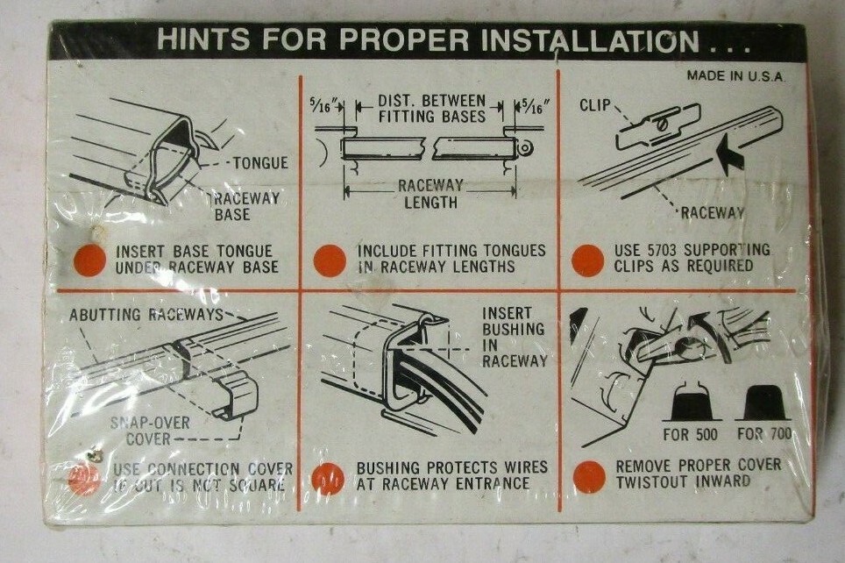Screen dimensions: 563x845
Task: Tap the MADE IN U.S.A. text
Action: [735, 76]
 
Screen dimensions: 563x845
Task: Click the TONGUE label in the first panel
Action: [260, 162]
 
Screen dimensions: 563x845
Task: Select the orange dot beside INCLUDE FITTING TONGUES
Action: [330, 260]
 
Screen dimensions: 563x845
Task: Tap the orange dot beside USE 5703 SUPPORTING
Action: [587, 260]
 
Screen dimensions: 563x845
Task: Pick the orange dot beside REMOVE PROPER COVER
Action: [589, 476]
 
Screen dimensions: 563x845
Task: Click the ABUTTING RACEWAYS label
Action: [145, 314]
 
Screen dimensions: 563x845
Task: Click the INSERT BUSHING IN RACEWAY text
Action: [514, 338]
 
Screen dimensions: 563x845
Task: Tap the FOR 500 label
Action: [689, 436]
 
